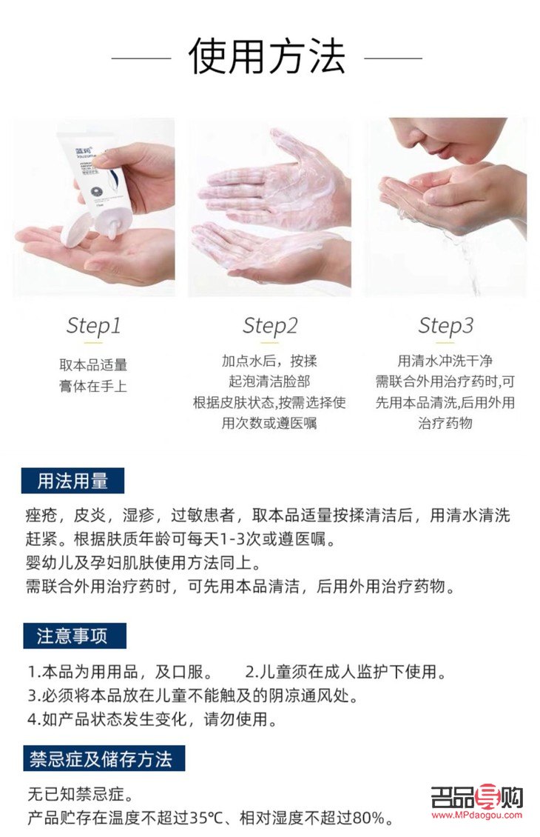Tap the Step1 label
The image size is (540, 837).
click(93, 325)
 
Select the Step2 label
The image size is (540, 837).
click(270, 325)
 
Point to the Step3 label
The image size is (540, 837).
click(445, 325)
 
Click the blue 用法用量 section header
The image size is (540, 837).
click(72, 481)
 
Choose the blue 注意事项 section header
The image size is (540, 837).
click(72, 636)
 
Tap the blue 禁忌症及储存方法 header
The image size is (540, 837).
click(101, 758)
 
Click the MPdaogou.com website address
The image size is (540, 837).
click(477, 815)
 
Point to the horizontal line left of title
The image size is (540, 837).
click(141, 57)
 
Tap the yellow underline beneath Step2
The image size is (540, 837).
click(270, 343)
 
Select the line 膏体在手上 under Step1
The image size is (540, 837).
click(93, 386)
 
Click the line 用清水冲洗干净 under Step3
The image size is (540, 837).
click(445, 361)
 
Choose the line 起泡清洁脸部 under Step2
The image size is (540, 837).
click(270, 381)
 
